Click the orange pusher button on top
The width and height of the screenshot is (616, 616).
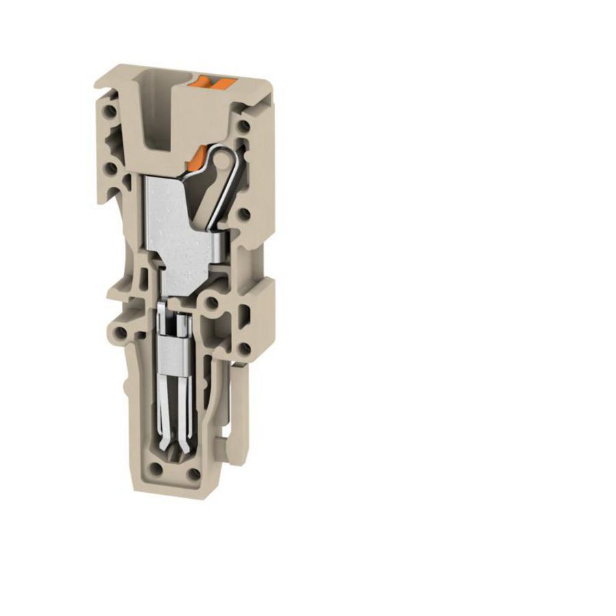[x=215, y=84]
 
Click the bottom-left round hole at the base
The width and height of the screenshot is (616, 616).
[x=157, y=470]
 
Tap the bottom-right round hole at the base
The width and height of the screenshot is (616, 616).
[x=194, y=473]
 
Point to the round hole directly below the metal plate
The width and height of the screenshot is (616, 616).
[x=211, y=301]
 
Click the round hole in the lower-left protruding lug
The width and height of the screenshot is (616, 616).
[x=120, y=333]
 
